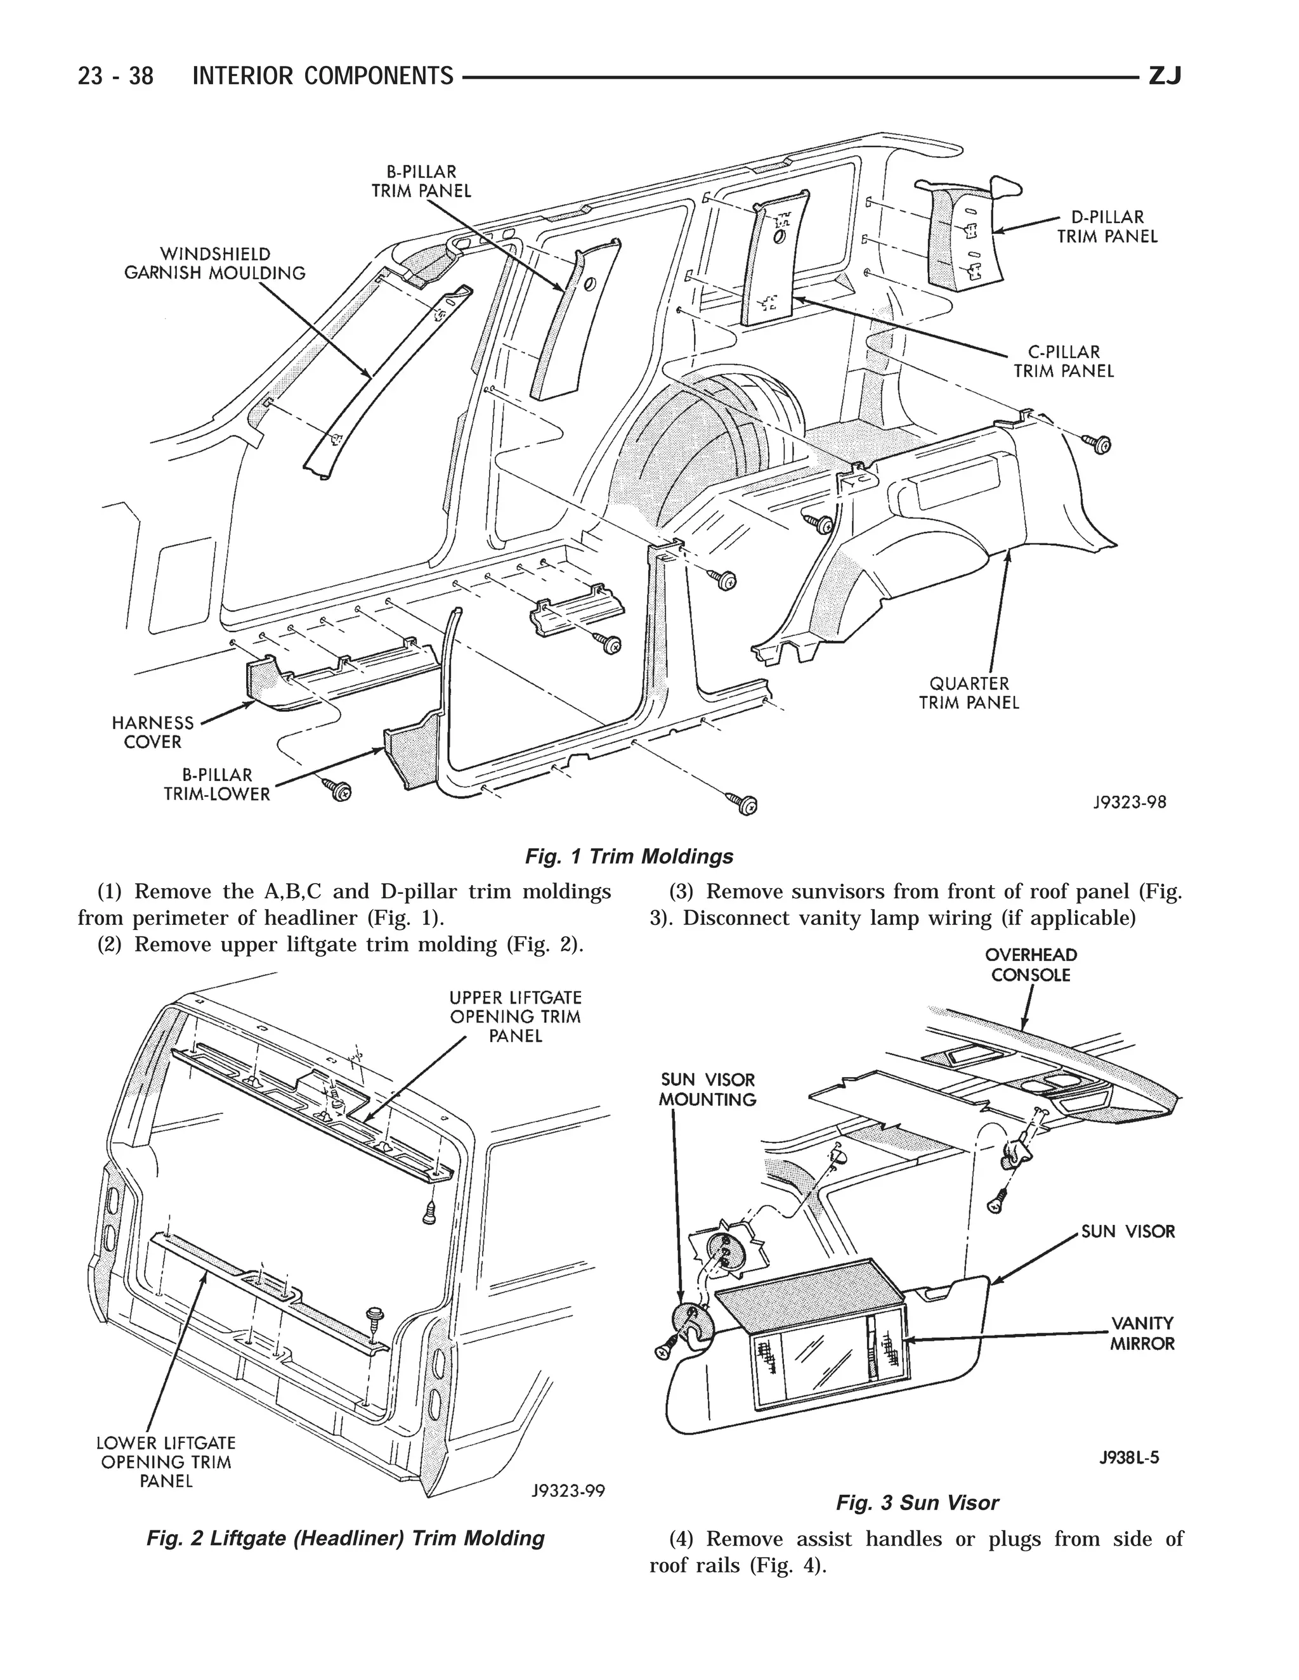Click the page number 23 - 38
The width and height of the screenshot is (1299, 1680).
click(115, 76)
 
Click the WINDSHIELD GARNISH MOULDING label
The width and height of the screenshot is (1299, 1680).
click(215, 263)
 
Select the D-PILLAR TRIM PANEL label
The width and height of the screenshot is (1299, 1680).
click(1107, 227)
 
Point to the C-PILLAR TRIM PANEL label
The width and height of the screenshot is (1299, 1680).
click(1064, 361)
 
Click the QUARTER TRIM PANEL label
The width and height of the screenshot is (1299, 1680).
click(969, 692)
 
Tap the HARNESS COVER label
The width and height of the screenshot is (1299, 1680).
click(152, 732)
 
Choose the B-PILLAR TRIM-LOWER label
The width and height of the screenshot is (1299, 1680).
click(217, 785)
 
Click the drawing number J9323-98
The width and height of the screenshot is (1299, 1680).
click(1129, 803)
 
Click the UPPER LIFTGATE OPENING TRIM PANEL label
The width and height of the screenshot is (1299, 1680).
click(516, 1016)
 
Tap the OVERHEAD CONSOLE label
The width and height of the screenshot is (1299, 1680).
click(1031, 965)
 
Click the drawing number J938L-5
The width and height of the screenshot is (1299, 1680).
click(1129, 1457)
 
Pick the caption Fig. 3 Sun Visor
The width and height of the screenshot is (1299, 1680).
click(917, 1502)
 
